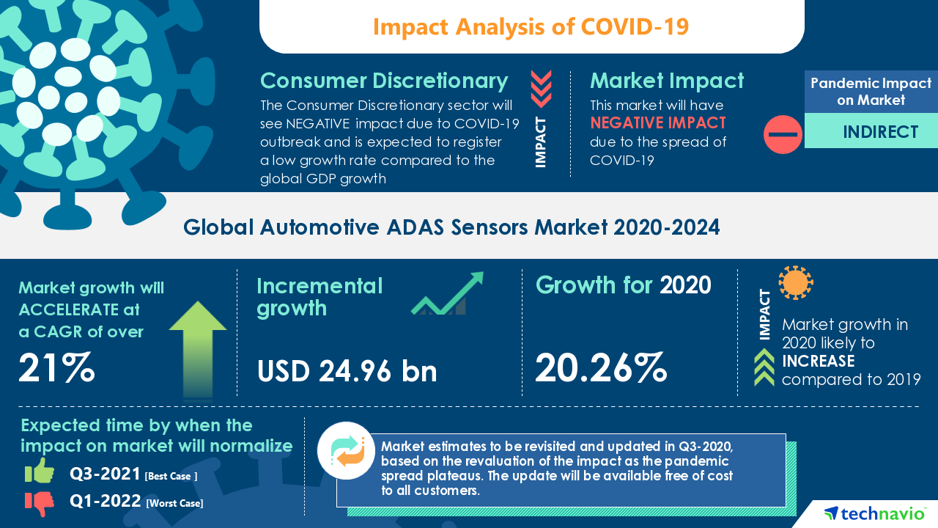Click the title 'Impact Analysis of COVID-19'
(531, 26)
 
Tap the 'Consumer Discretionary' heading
(384, 81)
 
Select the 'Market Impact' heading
(666, 81)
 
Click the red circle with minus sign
(783, 134)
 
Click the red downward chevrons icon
(541, 89)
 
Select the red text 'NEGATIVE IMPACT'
(657, 122)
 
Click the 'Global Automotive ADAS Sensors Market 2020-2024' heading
(451, 227)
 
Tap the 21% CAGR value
(56, 367)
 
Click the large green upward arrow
(198, 348)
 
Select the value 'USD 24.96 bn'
(347, 371)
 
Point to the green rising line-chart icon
(447, 294)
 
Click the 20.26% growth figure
(601, 367)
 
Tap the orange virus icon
(795, 282)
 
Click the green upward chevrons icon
(764, 367)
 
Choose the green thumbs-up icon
(40, 472)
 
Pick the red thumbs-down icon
(40, 502)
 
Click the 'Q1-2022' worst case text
(106, 502)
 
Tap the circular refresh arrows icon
(346, 450)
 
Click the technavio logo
(874, 513)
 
